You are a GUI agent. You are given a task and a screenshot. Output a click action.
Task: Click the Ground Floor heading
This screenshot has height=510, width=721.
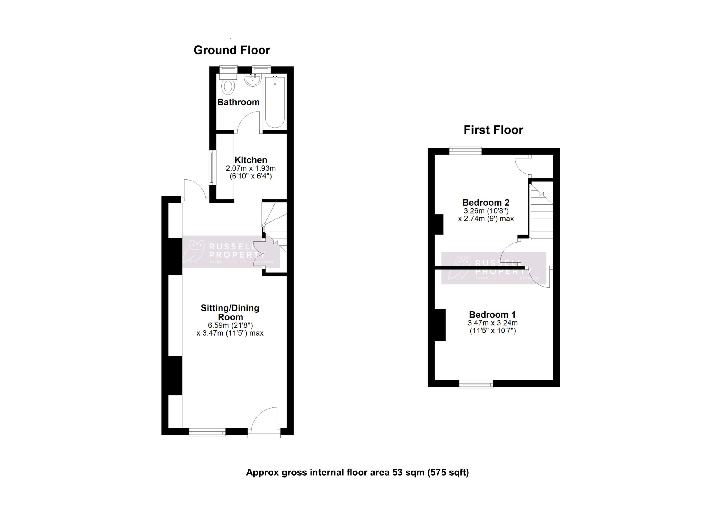[x=232, y=50]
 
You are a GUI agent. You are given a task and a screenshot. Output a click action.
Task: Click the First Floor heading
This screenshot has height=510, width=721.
[x=493, y=130]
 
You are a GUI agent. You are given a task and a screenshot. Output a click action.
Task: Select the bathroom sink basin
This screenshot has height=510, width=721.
[x=252, y=80]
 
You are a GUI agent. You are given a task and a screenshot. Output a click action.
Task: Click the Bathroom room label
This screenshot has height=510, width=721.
[x=238, y=102]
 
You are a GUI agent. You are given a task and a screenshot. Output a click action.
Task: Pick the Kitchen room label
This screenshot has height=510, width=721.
[x=251, y=160]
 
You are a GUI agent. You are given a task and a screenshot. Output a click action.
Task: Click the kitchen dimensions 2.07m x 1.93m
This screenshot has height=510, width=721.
[x=251, y=168]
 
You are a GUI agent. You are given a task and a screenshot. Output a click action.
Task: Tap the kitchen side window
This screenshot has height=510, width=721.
[x=212, y=167]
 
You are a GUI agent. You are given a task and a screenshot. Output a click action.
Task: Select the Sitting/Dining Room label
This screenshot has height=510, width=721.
[x=230, y=312]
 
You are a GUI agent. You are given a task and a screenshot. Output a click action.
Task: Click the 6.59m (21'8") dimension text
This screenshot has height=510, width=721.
[x=230, y=325]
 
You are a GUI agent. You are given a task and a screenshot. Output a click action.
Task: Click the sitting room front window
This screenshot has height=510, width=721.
[x=207, y=433]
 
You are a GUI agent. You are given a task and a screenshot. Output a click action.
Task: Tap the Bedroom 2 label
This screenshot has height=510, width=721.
[x=486, y=203]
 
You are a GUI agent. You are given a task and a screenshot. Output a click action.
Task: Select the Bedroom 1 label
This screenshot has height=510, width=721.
[x=492, y=314]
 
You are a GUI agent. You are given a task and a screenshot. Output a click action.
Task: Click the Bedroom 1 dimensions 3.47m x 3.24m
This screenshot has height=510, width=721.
[x=492, y=323]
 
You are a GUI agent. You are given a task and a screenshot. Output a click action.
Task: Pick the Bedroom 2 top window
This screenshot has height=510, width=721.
[x=465, y=150]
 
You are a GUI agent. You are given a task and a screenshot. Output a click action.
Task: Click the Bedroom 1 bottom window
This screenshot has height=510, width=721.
[x=476, y=384]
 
